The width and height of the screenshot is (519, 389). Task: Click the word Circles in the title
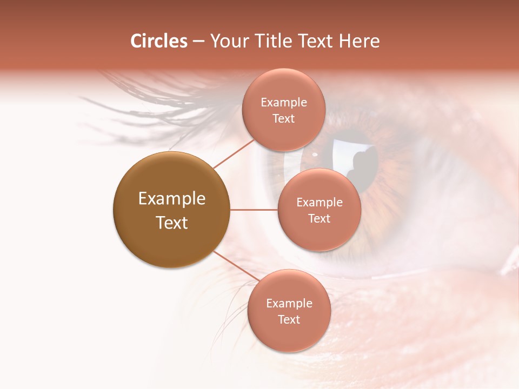click(x=158, y=41)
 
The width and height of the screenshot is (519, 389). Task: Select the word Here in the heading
click(x=360, y=41)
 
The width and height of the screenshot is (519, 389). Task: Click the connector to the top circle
click(x=234, y=153)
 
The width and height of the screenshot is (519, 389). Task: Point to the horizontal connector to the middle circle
click(x=254, y=210)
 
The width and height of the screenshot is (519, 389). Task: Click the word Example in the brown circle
click(x=172, y=199)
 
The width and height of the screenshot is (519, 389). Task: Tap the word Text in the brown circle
click(x=172, y=223)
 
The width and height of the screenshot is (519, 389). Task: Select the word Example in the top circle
click(x=284, y=103)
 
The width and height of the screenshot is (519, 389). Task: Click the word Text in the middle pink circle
click(x=319, y=218)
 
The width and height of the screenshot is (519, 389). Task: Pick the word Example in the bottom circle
click(x=289, y=303)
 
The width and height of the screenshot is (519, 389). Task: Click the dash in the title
click(x=198, y=41)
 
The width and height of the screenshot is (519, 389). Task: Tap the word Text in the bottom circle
click(x=289, y=319)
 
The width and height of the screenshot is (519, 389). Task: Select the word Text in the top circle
click(x=283, y=118)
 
